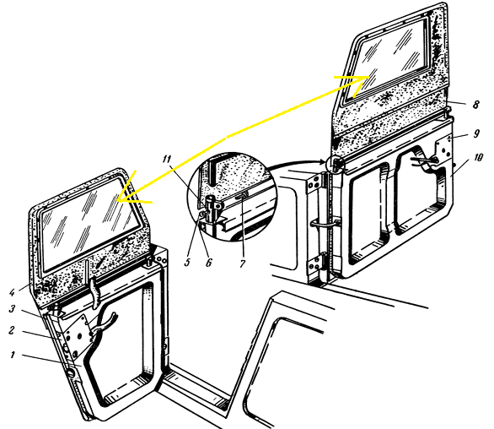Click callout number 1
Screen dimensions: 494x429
[13, 355]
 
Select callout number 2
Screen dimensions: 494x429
[12, 330]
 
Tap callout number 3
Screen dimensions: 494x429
[12, 308]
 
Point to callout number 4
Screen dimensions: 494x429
[12, 292]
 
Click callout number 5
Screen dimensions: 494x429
[187, 262]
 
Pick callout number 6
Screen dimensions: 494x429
[209, 262]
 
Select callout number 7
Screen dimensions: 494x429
[242, 263]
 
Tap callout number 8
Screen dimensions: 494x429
[475, 105]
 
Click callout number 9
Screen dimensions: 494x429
[476, 133]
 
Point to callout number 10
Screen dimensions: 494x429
[478, 158]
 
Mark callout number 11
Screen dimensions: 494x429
[167, 159]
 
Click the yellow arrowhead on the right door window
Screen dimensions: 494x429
[359, 83]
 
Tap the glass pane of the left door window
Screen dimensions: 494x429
[89, 223]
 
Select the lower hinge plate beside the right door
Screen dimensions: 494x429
[315, 264]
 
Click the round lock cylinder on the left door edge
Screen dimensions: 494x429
[71, 372]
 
